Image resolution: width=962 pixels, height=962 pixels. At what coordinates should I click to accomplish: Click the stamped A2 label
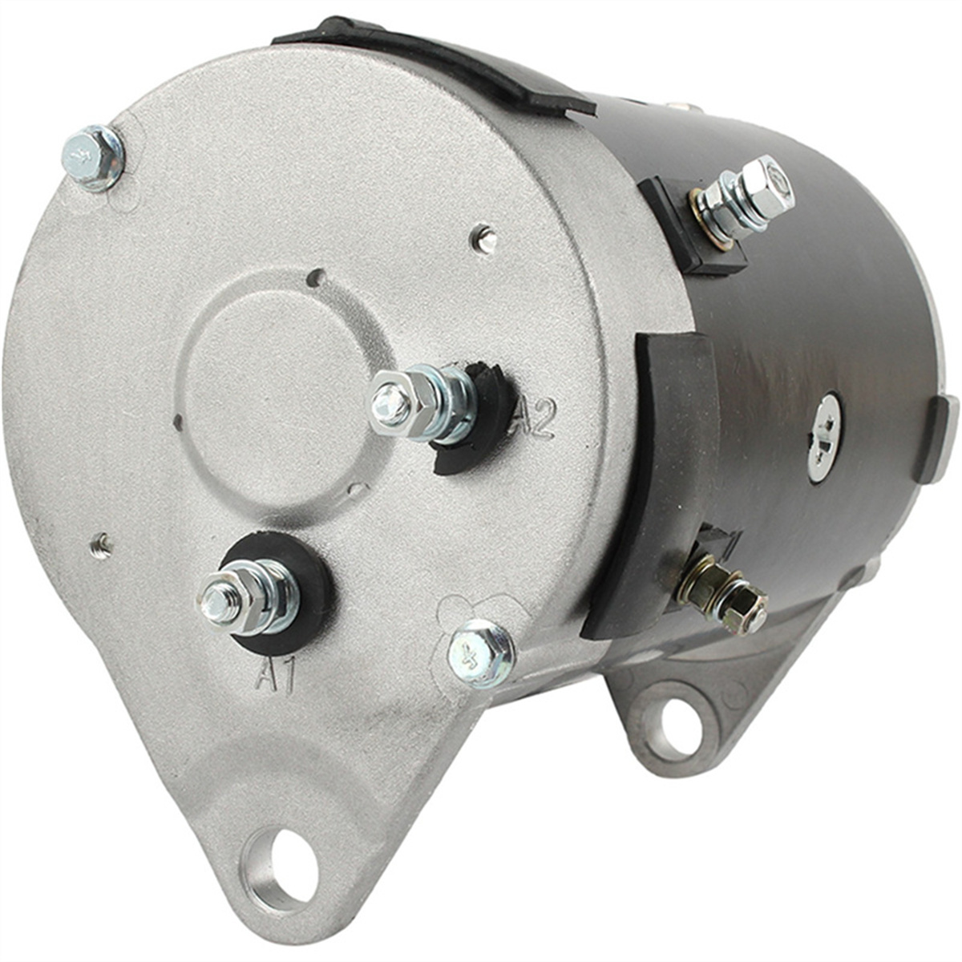tap(535, 418)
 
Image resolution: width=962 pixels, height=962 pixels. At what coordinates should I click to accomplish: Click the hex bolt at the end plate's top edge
tap(93, 155)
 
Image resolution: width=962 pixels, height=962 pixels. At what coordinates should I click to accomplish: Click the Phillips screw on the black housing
tap(824, 436)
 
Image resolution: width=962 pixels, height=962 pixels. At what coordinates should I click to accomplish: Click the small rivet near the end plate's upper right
tap(484, 238)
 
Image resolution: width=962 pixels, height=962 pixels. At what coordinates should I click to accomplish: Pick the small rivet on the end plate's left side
tap(101, 545)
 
